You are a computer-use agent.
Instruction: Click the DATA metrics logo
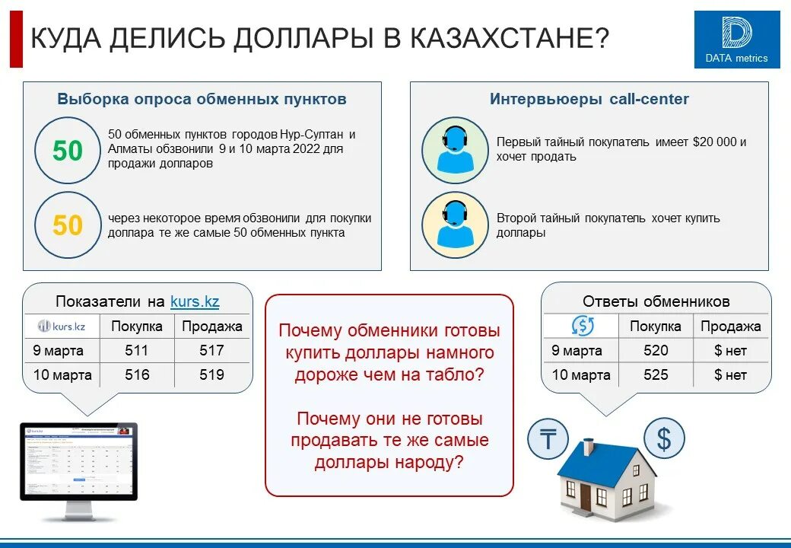736,40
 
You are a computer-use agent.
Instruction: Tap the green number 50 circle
68,151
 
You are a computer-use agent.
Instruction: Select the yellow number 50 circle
68,225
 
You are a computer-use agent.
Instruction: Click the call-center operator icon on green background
454,150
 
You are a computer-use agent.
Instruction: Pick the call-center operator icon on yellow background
454,225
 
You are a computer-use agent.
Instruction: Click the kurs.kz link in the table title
195,301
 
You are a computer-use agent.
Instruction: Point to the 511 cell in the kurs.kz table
137,350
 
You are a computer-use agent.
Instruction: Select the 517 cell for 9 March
212,350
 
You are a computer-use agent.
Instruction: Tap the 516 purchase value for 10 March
137,374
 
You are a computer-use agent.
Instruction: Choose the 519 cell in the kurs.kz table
212,374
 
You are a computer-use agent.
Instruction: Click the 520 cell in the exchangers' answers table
656,350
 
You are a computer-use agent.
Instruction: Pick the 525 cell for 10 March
656,374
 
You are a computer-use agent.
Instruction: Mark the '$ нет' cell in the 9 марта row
730,350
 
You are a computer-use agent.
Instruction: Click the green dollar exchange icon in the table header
582,327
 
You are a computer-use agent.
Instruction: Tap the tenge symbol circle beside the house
548,439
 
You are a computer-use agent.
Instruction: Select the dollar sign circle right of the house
664,438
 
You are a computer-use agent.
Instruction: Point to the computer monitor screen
78,460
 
